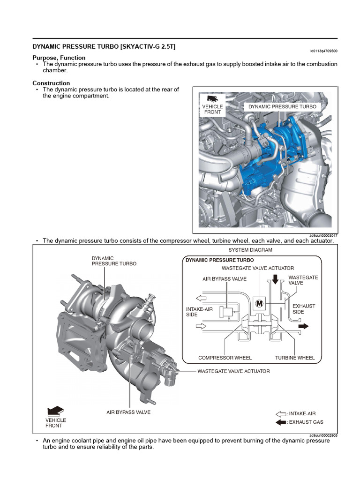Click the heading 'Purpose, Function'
[x=59, y=58]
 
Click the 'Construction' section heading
[x=51, y=83]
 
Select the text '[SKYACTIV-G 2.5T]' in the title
[x=148, y=47]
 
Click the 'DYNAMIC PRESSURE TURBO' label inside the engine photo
[x=282, y=107]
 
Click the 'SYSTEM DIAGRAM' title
[x=250, y=250]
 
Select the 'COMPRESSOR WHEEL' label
[x=225, y=358]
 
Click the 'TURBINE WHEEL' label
[x=295, y=358]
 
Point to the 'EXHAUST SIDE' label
[x=304, y=309]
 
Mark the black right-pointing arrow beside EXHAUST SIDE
[x=304, y=325]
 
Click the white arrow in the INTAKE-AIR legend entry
[x=281, y=414]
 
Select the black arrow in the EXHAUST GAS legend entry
[x=281, y=422]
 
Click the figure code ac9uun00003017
[x=323, y=235]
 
